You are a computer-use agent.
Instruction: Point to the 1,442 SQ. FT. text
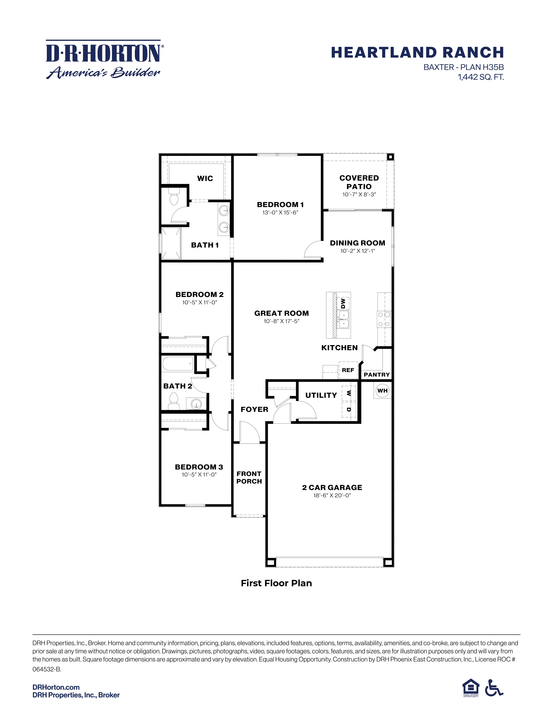coord(481,77)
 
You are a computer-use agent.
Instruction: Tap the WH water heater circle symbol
coord(382,391)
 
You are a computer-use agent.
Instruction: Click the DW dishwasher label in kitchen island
coord(343,303)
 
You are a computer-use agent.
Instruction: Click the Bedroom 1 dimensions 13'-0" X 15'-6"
coord(280,212)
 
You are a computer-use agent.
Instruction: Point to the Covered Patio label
coord(359,182)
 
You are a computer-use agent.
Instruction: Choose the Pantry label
coord(377,374)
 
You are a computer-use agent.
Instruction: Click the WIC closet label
coord(205,178)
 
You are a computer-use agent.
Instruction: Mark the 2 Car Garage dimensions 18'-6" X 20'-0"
coord(332,495)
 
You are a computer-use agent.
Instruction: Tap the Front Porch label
coord(249,477)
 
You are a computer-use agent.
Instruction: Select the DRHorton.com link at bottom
coord(56,687)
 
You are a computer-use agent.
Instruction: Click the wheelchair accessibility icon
coord(494,688)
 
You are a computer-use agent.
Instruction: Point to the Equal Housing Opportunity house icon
coord(470,687)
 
